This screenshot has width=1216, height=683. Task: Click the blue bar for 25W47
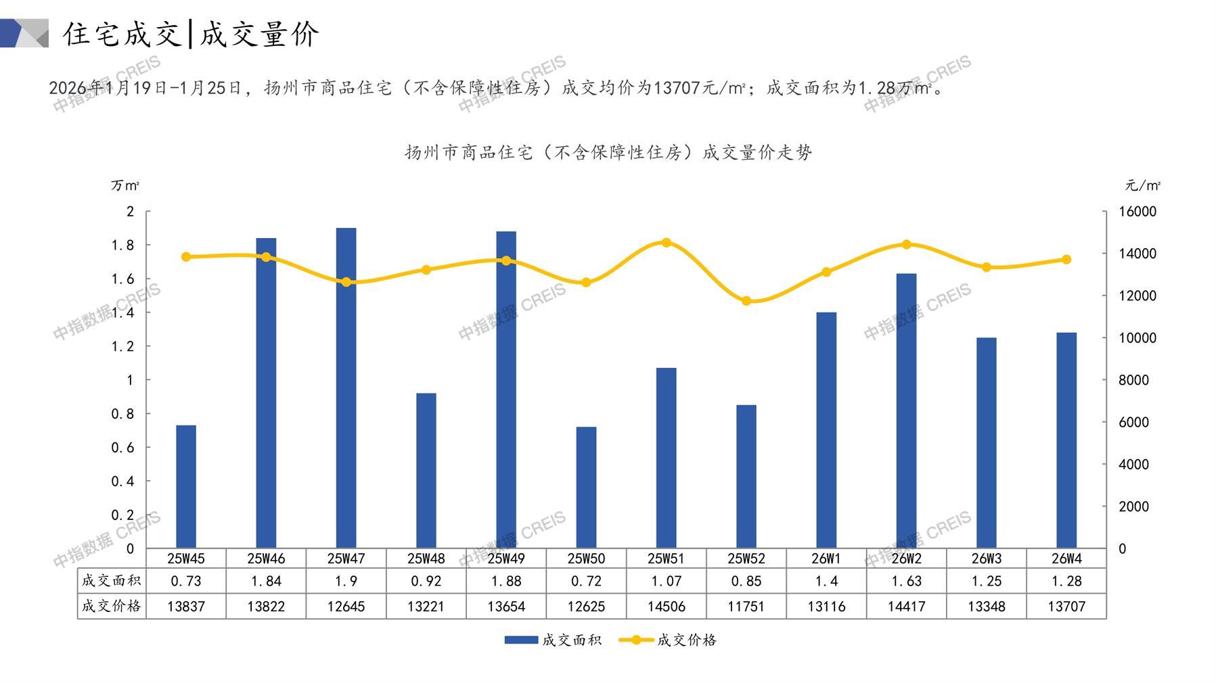pos(346,388)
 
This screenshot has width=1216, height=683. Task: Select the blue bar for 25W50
pos(586,487)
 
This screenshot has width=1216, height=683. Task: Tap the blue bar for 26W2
pos(906,410)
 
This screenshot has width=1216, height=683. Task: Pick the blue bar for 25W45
pos(186,486)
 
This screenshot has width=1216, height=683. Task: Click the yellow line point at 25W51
pos(667,243)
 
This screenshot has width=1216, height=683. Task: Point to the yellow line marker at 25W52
pos(746,301)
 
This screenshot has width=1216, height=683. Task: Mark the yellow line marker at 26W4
pos(1066,260)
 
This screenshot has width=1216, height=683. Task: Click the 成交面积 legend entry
pos(553,640)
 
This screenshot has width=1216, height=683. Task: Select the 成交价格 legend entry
pos(668,640)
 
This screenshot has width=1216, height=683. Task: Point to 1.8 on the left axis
pos(122,245)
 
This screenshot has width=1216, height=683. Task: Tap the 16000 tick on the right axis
pos(1138,212)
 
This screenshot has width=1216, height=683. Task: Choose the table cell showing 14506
pos(667,607)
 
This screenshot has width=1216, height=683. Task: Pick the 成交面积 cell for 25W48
pos(426,581)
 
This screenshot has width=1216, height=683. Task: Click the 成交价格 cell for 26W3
pos(986,607)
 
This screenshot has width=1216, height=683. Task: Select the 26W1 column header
pos(826,559)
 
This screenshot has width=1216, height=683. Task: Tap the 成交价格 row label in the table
pos(112,606)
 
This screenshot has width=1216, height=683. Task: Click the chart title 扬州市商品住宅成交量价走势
pos(608,152)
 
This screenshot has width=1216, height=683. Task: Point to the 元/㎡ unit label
pos(1142,185)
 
